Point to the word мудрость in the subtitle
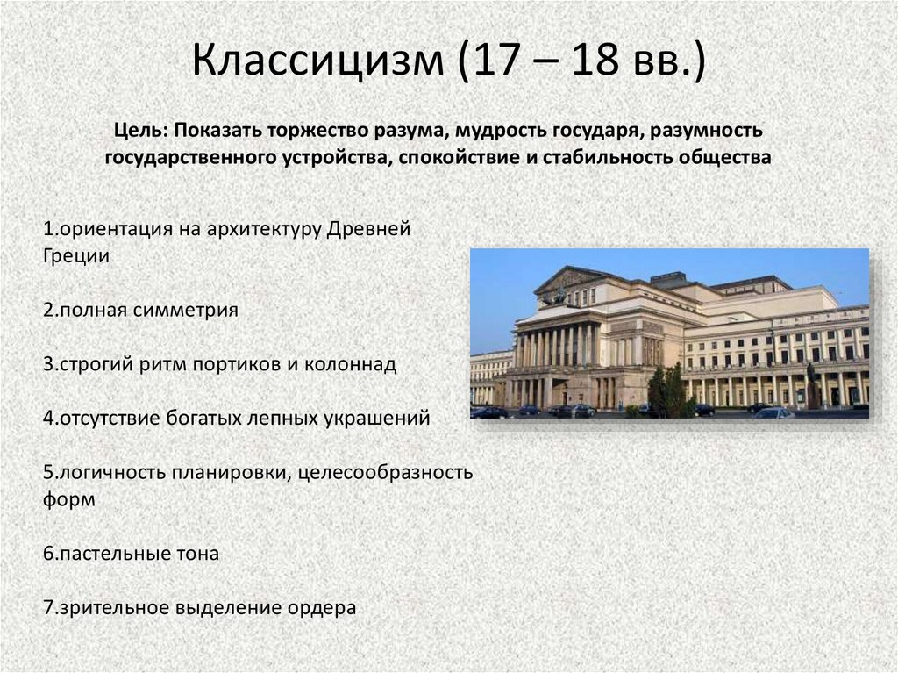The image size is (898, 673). point(502,132)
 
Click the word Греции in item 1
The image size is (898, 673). point(76,255)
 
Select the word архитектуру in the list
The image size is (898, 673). point(263,229)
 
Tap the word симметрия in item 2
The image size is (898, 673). point(186,311)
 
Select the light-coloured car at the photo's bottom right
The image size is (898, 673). point(773,412)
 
